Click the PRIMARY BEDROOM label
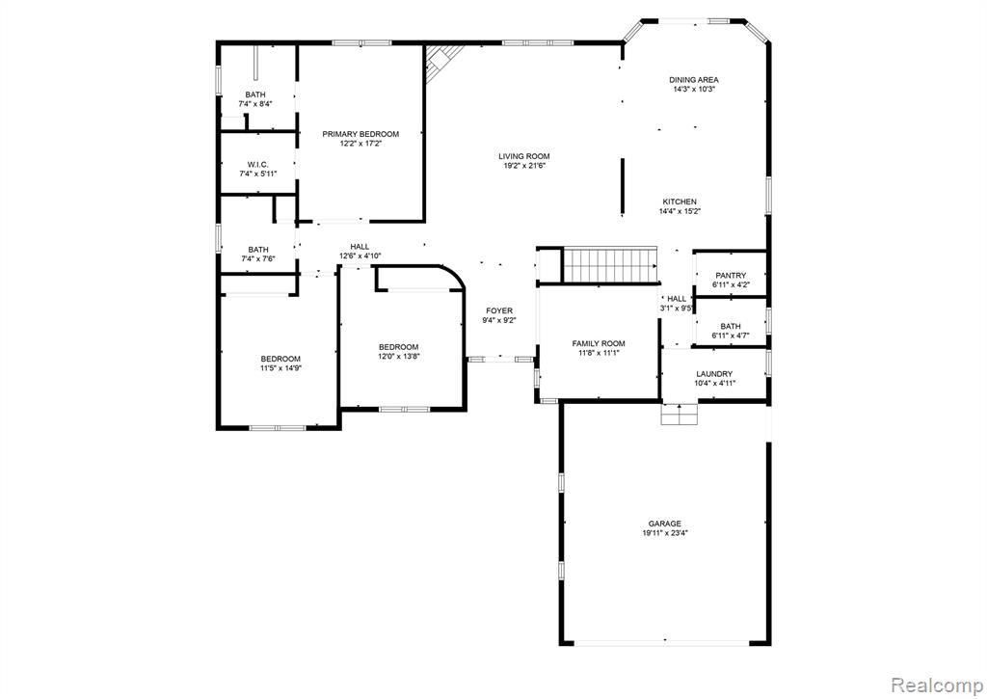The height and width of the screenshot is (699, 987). tap(360, 134)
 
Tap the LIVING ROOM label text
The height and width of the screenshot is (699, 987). tap(524, 156)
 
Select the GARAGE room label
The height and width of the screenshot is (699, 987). tap(665, 524)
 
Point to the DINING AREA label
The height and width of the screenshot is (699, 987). tap(694, 80)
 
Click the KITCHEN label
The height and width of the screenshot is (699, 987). tap(680, 202)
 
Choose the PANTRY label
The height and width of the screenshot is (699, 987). tap(731, 275)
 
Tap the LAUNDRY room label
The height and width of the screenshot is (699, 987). tap(714, 373)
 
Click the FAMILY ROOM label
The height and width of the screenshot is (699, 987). tap(599, 343)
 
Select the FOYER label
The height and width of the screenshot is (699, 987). tap(499, 310)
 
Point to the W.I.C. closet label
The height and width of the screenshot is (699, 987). tap(257, 164)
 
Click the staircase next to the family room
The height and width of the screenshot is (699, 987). tap(610, 265)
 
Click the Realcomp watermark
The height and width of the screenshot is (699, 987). tap(937, 685)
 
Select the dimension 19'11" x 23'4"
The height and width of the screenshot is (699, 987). tap(665, 533)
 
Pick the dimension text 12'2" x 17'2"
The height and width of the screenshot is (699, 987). tap(360, 144)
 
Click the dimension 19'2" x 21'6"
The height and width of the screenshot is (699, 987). tap(524, 166)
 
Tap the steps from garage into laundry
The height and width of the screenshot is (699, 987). tap(680, 414)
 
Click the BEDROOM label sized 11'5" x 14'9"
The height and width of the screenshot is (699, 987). tap(280, 359)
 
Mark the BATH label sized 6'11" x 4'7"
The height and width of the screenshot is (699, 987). tap(731, 326)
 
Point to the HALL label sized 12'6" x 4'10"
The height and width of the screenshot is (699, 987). tap(360, 246)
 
